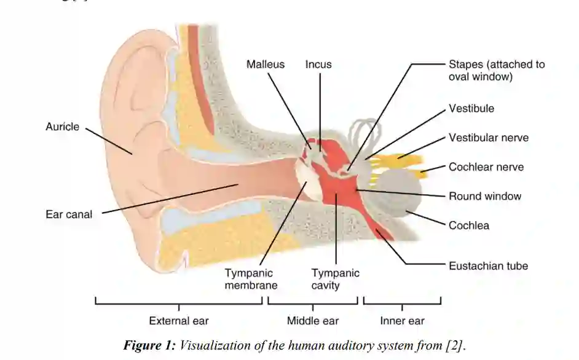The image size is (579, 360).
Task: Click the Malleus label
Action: tap(266, 65)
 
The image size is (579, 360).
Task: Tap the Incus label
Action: tap(318, 65)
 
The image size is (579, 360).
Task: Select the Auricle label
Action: tap(62, 127)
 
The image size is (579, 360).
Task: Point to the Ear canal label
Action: tap(69, 214)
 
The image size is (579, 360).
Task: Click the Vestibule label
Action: tap(471, 109)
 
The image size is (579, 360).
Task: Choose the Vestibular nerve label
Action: tap(488, 138)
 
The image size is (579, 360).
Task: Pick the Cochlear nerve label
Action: tap(486, 167)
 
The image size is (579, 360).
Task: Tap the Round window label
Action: tap(484, 197)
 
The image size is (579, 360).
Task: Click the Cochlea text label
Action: tap(469, 225)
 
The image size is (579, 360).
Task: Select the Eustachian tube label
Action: tap(488, 266)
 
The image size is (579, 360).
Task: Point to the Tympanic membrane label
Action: tap(251, 279)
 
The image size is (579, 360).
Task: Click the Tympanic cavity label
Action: tap(335, 279)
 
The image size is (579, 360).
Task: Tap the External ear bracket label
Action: tap(179, 321)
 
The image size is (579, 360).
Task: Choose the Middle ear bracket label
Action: tap(313, 321)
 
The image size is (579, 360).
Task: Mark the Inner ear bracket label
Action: tap(402, 321)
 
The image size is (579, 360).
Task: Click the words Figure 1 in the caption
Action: tap(149, 345)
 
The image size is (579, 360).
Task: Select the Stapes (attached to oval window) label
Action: tap(496, 71)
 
